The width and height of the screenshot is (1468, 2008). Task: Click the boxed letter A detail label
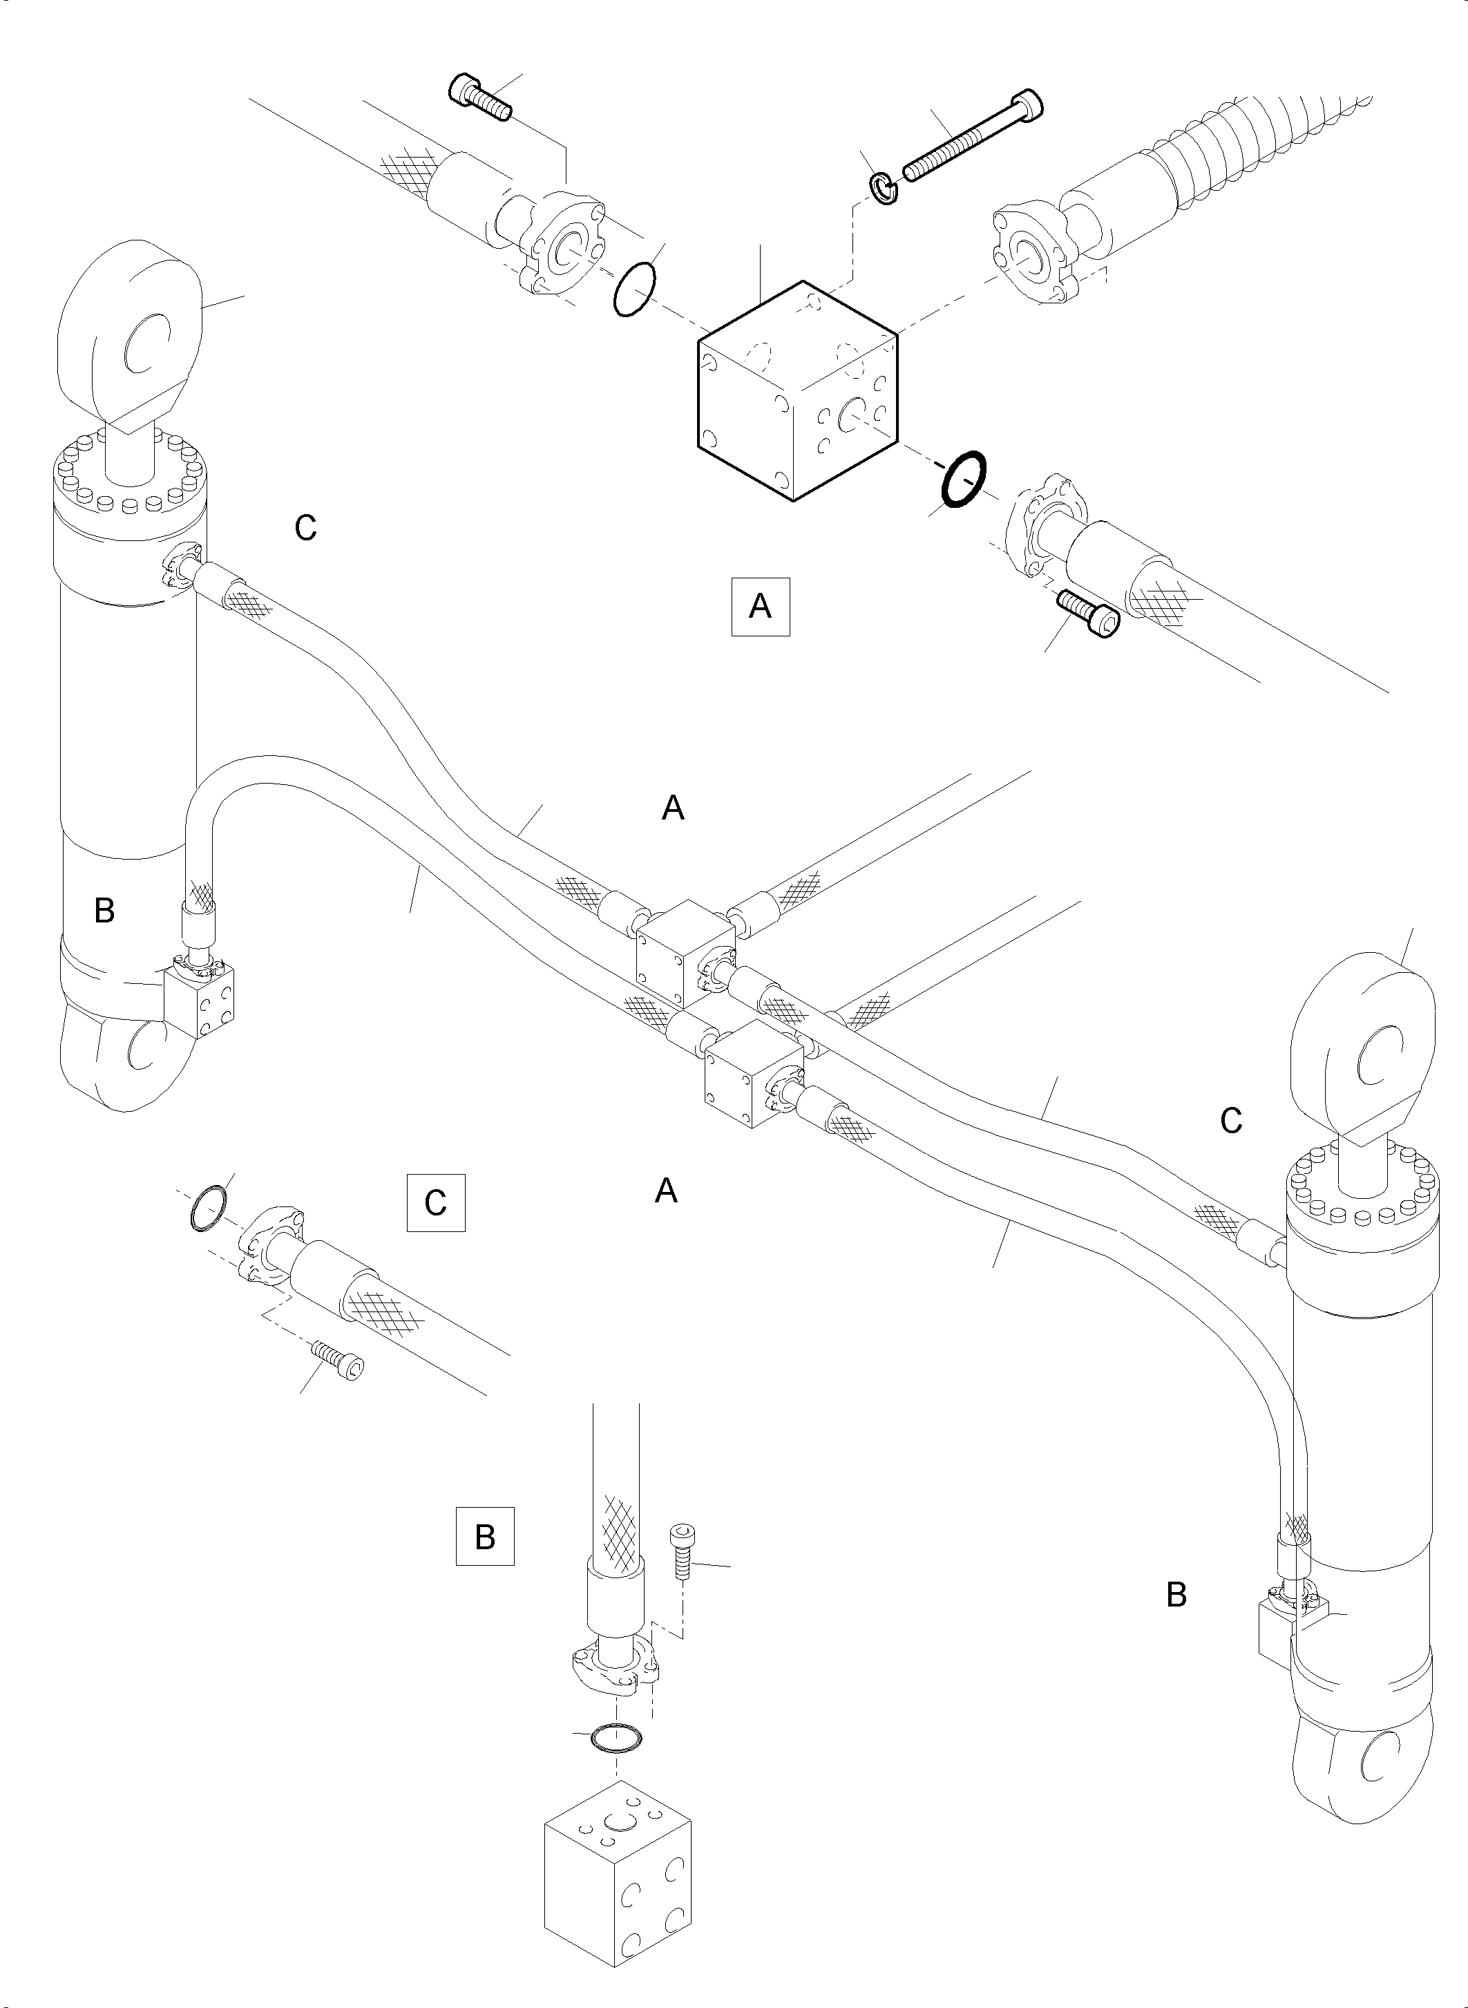760,607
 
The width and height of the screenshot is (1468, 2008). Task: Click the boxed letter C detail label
435,1203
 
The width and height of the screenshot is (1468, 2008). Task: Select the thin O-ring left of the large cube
634,290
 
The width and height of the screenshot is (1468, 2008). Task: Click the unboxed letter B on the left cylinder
104,910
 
